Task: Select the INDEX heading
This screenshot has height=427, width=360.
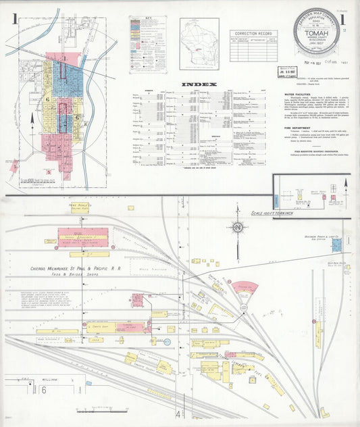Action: (x=199, y=84)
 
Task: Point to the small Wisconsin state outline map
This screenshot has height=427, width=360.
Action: (x=199, y=40)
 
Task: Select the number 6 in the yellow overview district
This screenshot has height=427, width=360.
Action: (x=47, y=99)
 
